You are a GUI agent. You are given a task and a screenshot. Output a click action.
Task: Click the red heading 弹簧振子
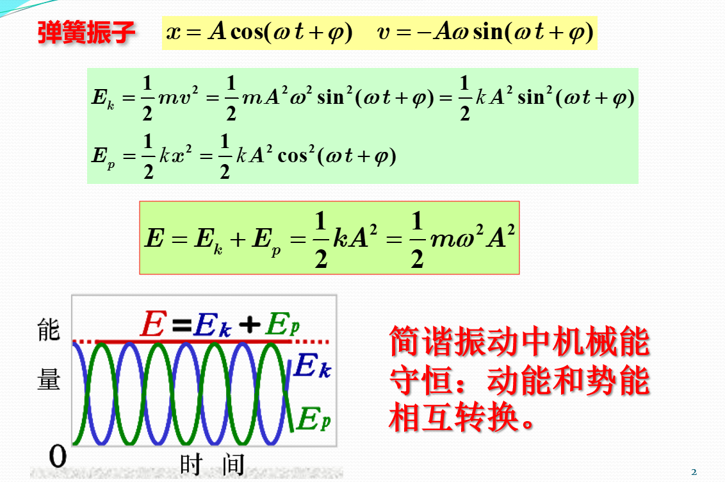pos(86,32)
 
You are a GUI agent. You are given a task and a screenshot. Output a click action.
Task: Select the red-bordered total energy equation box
pos(329,238)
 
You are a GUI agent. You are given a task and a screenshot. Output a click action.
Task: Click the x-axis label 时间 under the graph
pos(211,463)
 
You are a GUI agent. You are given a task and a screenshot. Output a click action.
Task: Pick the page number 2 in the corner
pos(694,472)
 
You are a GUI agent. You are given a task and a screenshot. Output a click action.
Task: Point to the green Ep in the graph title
pos(282,326)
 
